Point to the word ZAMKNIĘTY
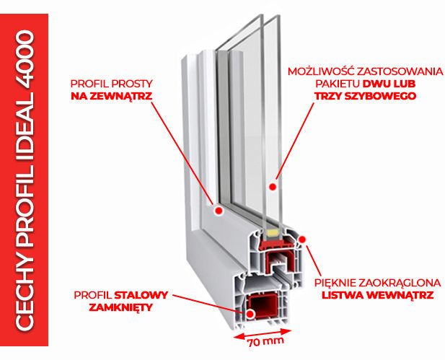[x=123, y=306]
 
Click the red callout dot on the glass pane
[x=273, y=186]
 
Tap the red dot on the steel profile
[x=250, y=313]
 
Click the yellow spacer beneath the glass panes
[x=273, y=232]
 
